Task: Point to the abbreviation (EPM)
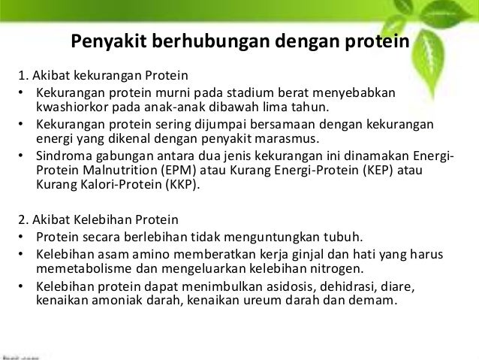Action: click(179, 171)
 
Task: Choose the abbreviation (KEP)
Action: click(378, 171)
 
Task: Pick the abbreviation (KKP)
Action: click(182, 184)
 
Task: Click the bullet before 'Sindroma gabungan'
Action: click(20, 156)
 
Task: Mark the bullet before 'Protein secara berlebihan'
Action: click(20, 237)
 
